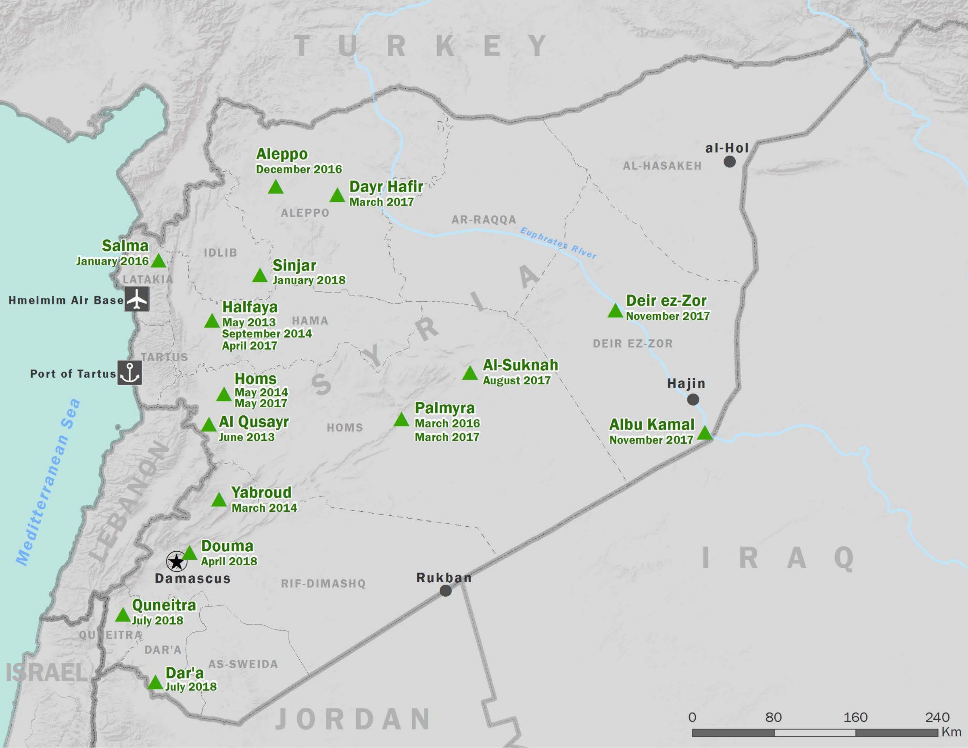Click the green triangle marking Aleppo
click(276, 188)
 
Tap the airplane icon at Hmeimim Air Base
click(136, 299)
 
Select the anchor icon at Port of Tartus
click(129, 372)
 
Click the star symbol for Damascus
click(176, 562)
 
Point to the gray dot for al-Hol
click(730, 162)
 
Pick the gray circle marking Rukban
click(445, 591)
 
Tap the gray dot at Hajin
click(693, 400)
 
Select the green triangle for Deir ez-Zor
click(615, 311)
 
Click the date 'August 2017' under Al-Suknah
click(516, 380)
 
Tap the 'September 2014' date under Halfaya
click(267, 333)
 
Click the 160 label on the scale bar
click(855, 717)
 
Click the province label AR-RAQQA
click(484, 220)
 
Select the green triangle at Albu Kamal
click(705, 433)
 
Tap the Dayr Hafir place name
click(386, 187)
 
